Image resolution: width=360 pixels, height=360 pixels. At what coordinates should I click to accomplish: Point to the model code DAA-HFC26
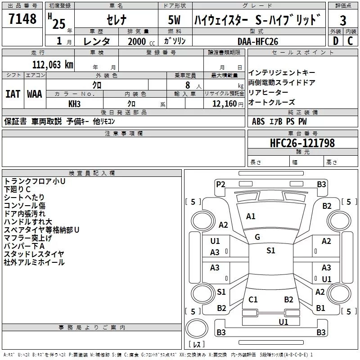point(258,41)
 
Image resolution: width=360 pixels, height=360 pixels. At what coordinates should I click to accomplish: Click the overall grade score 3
point(343,21)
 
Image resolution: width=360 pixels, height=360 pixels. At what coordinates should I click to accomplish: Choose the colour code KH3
point(74,103)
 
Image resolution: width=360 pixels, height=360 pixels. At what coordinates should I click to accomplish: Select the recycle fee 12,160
point(224,104)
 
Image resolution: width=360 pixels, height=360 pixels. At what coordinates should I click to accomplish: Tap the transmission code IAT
point(13,94)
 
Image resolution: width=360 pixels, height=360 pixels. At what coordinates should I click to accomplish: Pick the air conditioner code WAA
point(35,94)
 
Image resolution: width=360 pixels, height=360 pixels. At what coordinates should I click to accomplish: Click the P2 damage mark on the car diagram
point(220,184)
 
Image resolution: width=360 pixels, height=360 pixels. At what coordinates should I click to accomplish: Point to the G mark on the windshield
point(257,237)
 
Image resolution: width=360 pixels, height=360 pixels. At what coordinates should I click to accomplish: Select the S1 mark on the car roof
point(270,251)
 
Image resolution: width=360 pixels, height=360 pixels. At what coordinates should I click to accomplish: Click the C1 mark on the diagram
point(253,299)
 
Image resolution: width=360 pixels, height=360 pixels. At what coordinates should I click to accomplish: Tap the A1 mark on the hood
point(251,216)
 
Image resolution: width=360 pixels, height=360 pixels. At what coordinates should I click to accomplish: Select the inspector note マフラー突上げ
point(28,238)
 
